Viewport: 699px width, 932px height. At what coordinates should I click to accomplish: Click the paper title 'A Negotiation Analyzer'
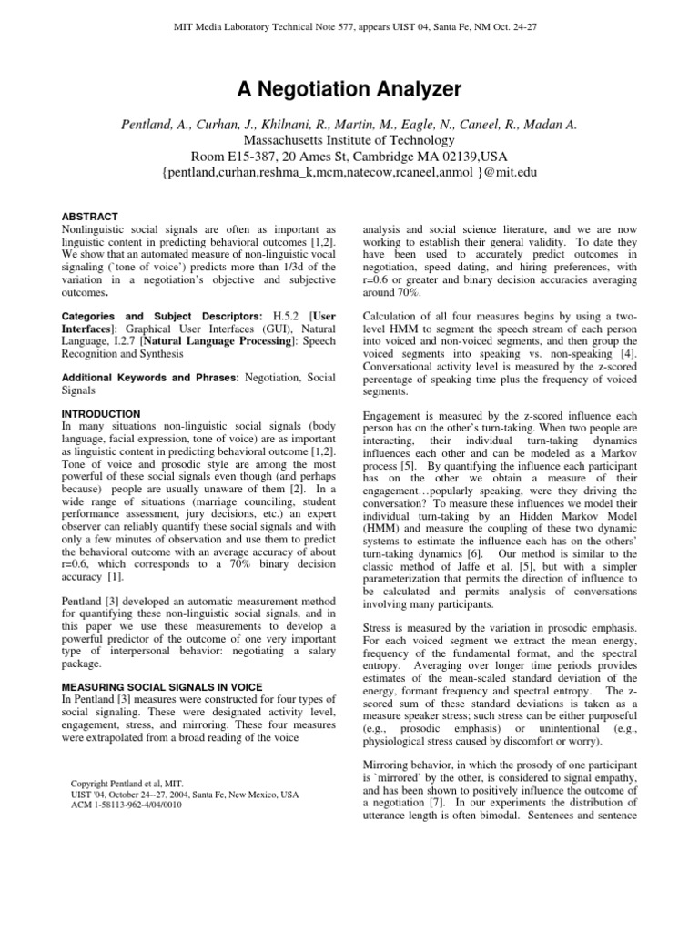pyautogui.click(x=349, y=89)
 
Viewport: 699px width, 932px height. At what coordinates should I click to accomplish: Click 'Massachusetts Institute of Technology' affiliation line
pyautogui.click(x=349, y=140)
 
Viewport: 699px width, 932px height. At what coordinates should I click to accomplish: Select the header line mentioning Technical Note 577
pyautogui.click(x=349, y=26)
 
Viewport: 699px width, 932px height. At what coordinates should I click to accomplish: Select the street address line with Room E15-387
pyautogui.click(x=349, y=157)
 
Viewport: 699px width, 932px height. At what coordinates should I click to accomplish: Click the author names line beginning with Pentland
pyautogui.click(x=349, y=124)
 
